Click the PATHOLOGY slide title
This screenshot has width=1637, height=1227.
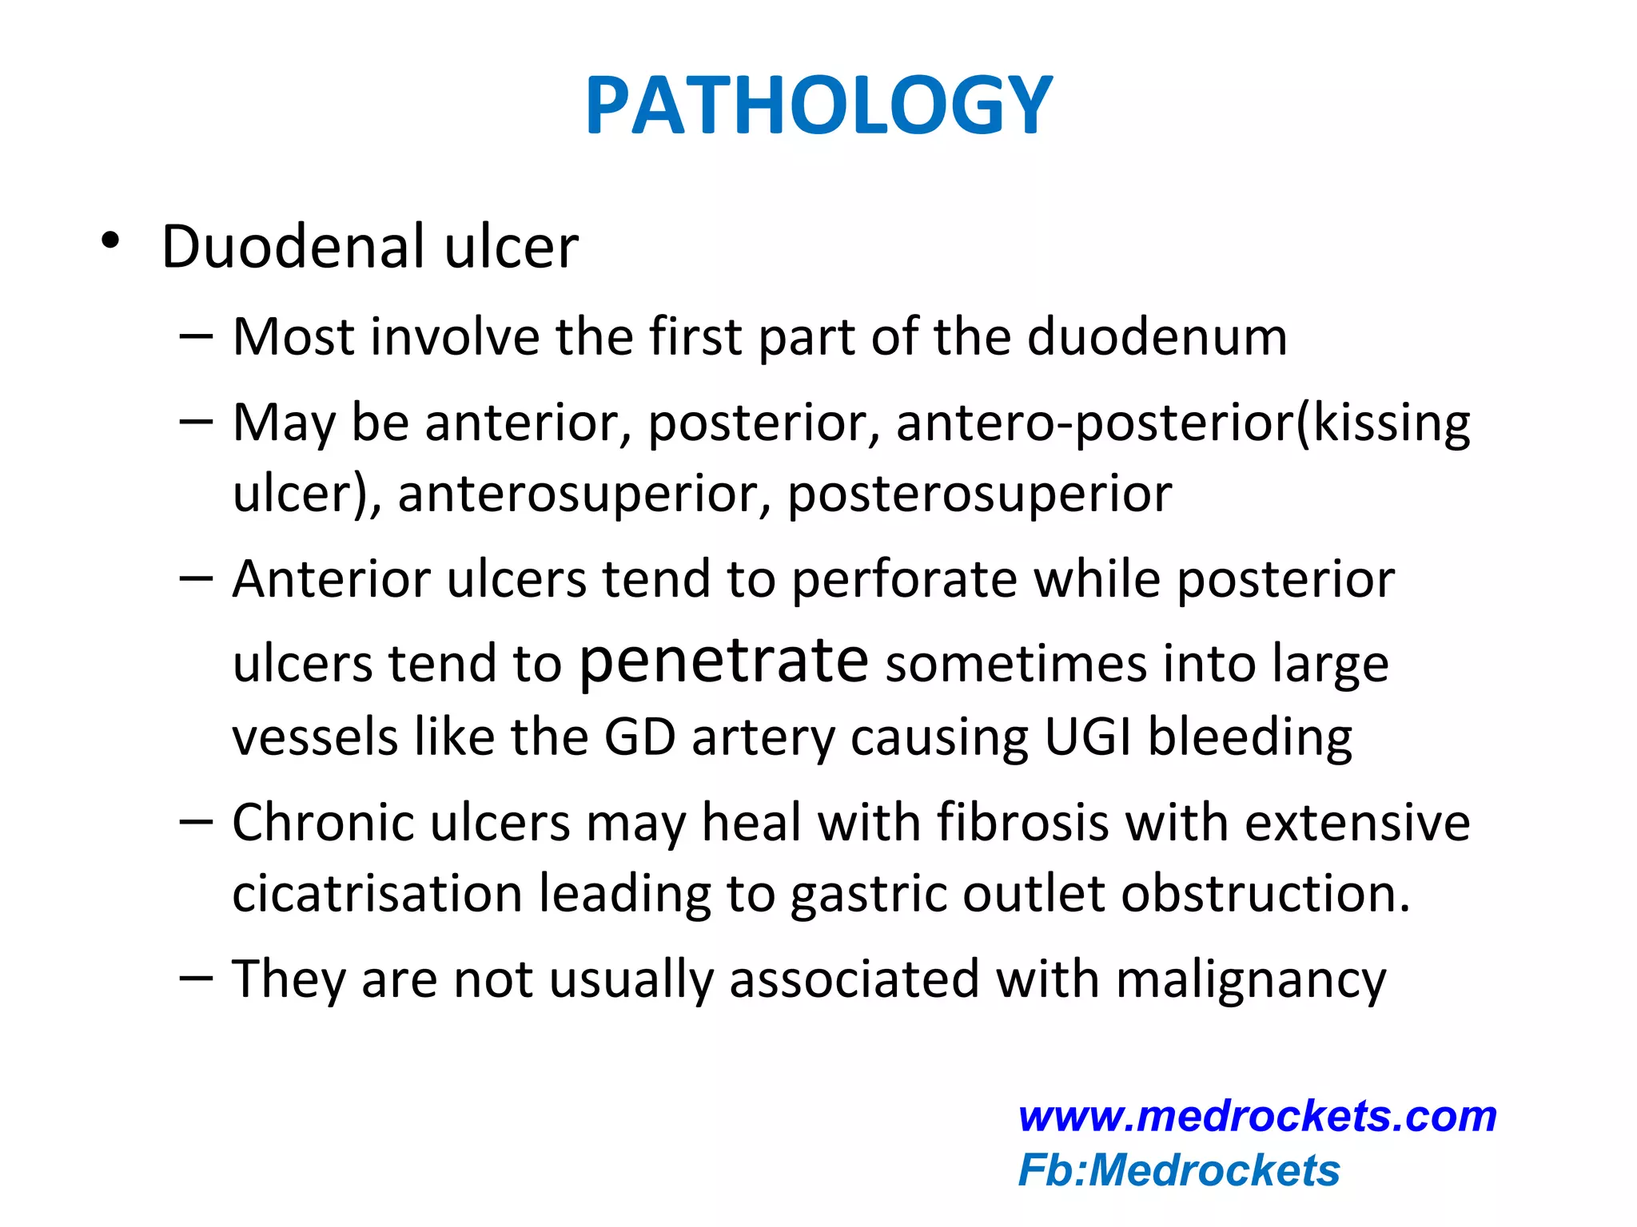click(818, 105)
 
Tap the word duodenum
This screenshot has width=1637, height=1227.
click(1157, 336)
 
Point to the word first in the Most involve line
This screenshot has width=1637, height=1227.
click(695, 336)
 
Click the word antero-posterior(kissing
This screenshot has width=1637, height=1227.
click(1182, 423)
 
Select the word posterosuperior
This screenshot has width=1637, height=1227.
click(979, 494)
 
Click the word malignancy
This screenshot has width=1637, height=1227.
click(1250, 979)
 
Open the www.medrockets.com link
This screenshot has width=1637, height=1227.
click(1257, 1116)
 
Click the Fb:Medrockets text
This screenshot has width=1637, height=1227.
click(1179, 1170)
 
